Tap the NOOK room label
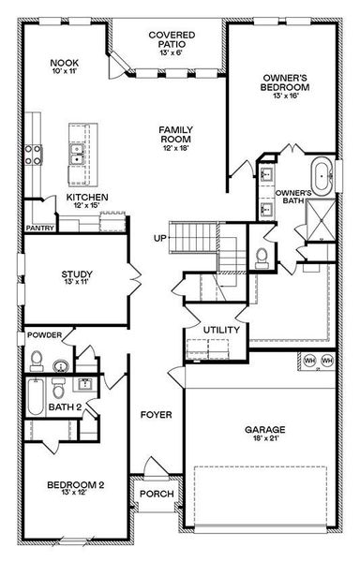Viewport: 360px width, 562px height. [64, 64]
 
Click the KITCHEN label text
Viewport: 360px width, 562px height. [86, 198]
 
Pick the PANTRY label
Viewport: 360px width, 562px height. [39, 227]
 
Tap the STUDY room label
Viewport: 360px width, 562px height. [79, 274]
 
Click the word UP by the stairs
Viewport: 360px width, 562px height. [161, 238]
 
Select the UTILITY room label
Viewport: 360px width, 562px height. [221, 330]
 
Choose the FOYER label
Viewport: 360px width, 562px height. [155, 413]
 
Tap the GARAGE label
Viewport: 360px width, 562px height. [267, 430]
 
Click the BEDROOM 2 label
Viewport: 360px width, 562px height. [73, 484]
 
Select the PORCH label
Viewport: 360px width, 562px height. [156, 494]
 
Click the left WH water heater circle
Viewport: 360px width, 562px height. [307, 361]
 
